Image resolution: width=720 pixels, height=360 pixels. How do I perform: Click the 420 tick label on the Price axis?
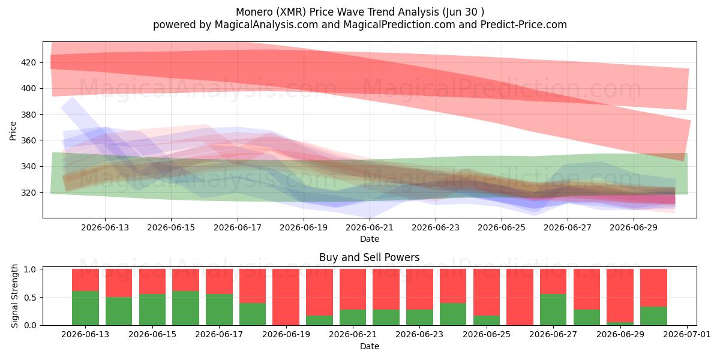click(x=28, y=62)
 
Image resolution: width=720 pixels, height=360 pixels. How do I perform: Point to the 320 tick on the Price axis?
click(x=28, y=193)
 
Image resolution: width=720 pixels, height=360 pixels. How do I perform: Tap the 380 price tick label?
click(x=28, y=115)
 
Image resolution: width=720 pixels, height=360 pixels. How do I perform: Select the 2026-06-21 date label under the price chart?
click(x=370, y=227)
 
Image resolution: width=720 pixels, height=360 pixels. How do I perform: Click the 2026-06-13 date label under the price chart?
click(x=105, y=227)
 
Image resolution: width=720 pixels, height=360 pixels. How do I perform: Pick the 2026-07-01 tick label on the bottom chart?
click(x=687, y=335)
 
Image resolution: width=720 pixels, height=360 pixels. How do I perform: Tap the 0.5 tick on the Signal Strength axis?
click(x=30, y=298)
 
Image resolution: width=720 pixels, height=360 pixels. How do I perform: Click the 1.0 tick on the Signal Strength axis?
click(x=30, y=269)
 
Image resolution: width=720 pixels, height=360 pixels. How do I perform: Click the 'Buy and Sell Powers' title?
click(x=370, y=257)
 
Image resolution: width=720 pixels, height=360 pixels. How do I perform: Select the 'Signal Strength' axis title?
click(x=14, y=296)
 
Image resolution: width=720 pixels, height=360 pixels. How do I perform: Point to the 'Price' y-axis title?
click(x=13, y=131)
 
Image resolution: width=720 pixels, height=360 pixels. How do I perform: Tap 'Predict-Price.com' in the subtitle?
click(x=524, y=25)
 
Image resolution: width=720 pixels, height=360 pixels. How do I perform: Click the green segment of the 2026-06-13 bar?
click(x=85, y=308)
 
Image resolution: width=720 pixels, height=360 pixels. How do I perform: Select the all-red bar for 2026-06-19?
click(x=286, y=297)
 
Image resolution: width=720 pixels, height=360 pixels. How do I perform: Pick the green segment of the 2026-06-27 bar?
click(x=553, y=310)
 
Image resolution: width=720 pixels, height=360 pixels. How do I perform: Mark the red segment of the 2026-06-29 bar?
click(x=620, y=296)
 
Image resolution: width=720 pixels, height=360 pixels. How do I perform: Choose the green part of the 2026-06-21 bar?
click(x=353, y=317)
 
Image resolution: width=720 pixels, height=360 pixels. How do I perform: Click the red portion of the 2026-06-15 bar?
click(x=152, y=281)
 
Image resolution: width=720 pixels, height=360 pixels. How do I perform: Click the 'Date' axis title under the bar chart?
click(x=370, y=346)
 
